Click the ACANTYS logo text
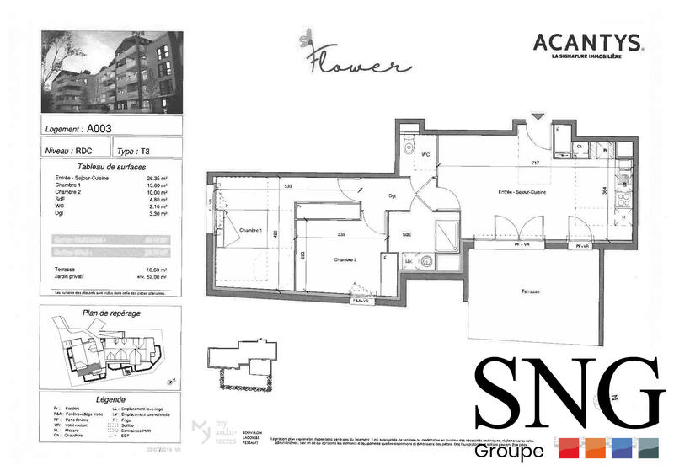pyautogui.click(x=588, y=42)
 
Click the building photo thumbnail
pyautogui.click(x=111, y=73)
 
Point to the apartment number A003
pyautogui.click(x=99, y=129)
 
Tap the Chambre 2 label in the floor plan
pyautogui.click(x=346, y=259)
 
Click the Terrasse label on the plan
pyautogui.click(x=532, y=291)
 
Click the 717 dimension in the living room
pyautogui.click(x=533, y=162)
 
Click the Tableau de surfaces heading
pyautogui.click(x=111, y=167)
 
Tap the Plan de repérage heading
pyautogui.click(x=111, y=313)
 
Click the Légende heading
pyautogui.click(x=111, y=399)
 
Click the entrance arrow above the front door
pyautogui.click(x=534, y=119)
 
